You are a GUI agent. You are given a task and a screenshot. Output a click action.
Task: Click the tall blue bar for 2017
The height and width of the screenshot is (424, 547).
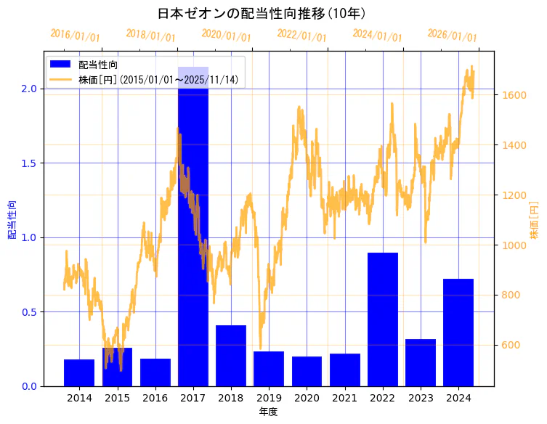pyautogui.click(x=193, y=232)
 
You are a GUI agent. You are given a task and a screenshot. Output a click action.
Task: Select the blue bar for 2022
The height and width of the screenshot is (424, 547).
pyautogui.click(x=383, y=319)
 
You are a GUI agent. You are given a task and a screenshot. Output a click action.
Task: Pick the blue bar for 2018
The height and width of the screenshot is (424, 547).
pyautogui.click(x=231, y=356)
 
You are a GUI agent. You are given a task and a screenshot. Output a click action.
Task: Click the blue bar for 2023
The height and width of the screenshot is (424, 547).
pyautogui.click(x=421, y=362)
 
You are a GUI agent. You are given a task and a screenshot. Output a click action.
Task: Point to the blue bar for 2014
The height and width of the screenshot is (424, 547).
pyautogui.click(x=79, y=372)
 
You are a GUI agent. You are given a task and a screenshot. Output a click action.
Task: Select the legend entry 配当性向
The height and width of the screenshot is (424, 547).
pyautogui.click(x=98, y=65)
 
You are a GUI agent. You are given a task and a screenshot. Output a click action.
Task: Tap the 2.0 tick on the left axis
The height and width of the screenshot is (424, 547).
pyautogui.click(x=30, y=89)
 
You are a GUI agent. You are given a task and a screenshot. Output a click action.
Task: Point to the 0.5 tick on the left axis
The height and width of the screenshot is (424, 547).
pyautogui.click(x=30, y=312)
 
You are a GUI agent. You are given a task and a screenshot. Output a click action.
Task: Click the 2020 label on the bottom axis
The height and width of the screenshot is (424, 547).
pyautogui.click(x=307, y=398)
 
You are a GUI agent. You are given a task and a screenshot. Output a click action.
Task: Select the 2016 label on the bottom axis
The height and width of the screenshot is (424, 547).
pyautogui.click(x=155, y=398)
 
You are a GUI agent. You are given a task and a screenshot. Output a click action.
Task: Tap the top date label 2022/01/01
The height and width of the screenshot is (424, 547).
pyautogui.click(x=301, y=36)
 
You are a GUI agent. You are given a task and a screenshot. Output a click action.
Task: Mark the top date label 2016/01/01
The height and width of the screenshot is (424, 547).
pyautogui.click(x=75, y=36)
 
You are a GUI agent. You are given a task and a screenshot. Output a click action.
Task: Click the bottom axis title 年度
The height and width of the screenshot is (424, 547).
pyautogui.click(x=269, y=412)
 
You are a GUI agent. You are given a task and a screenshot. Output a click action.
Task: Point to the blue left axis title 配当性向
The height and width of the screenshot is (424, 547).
pyautogui.click(x=12, y=220)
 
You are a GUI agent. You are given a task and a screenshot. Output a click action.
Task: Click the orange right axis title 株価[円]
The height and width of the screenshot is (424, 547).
pyautogui.click(x=534, y=220)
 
